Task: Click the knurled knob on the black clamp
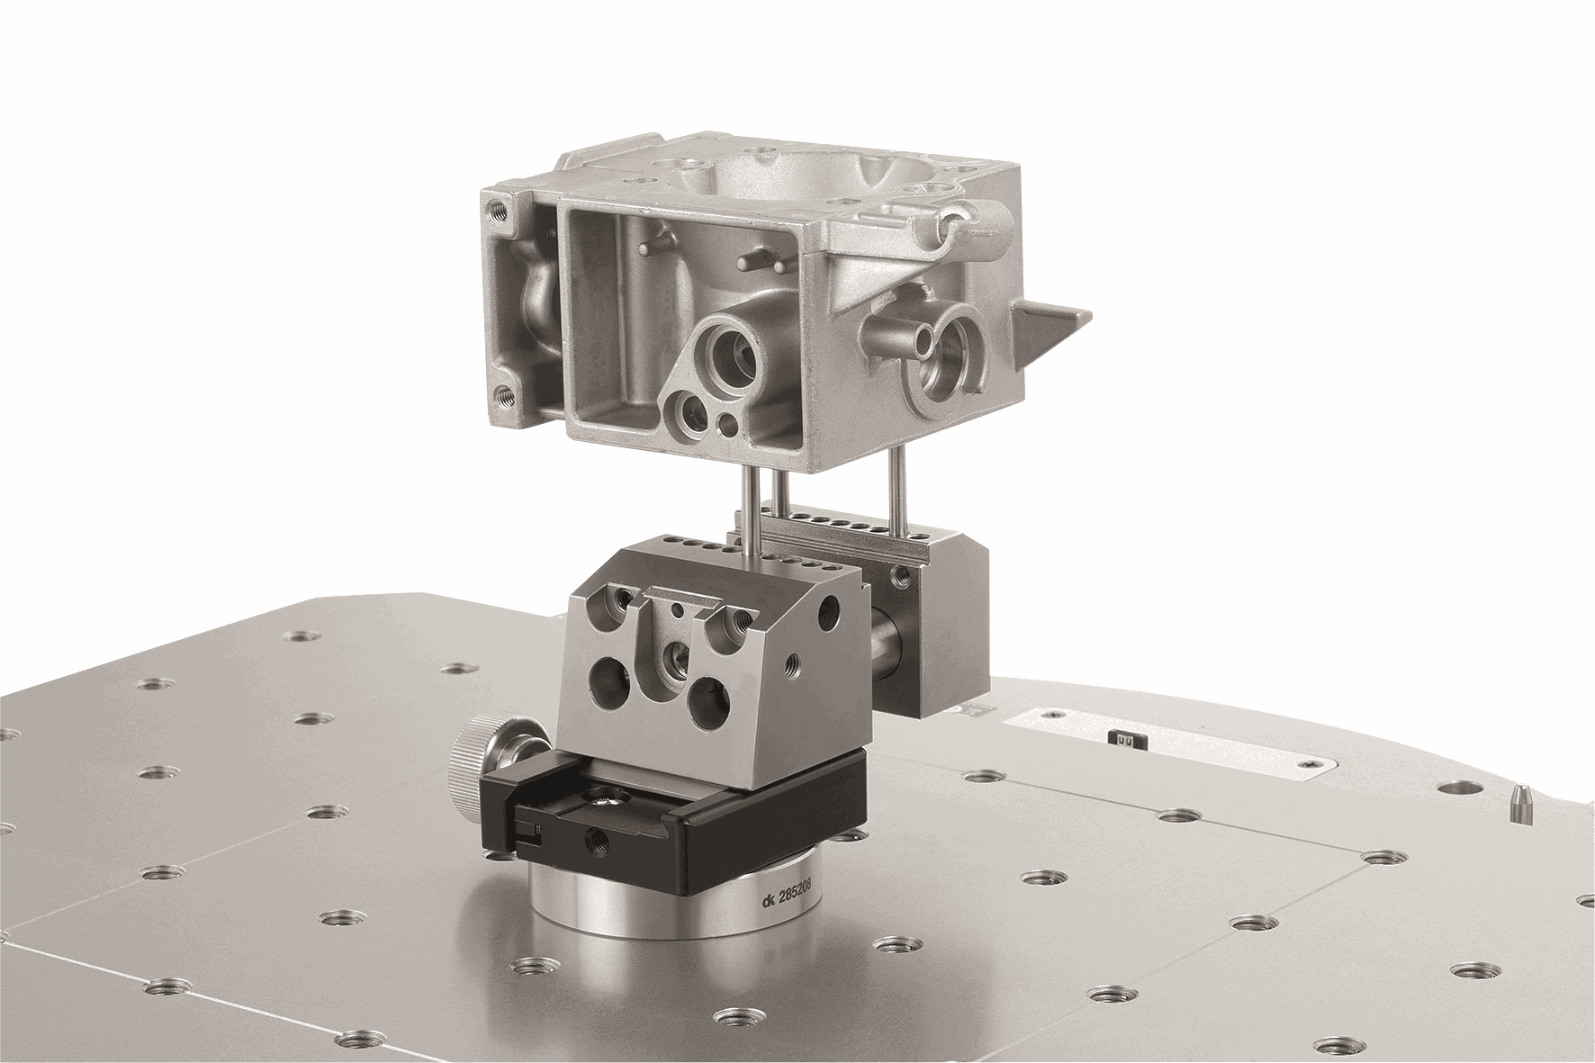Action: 473,767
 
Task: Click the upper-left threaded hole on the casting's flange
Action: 496,211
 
